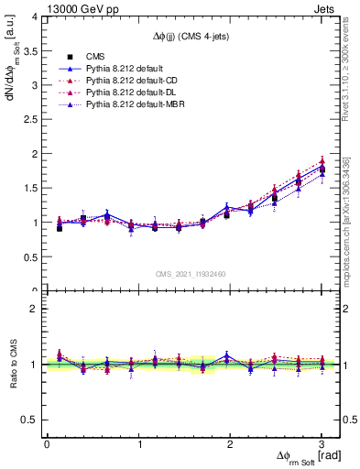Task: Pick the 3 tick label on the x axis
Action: [322, 445]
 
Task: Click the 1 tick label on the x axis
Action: [138, 445]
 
